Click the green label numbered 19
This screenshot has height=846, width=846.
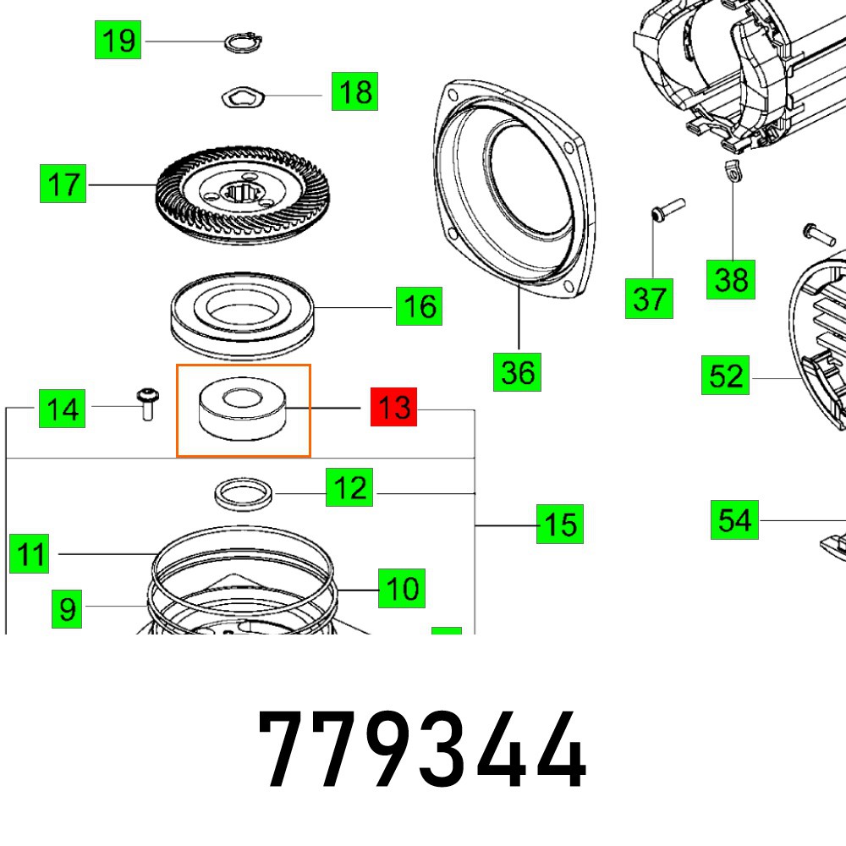coord(118,40)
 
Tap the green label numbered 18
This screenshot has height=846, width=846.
coord(354,91)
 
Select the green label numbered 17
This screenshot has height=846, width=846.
coord(63,184)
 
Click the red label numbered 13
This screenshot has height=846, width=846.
coord(394,409)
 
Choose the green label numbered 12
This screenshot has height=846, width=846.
coord(350,488)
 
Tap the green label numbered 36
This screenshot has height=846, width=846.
coord(518,371)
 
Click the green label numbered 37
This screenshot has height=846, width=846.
coord(649,299)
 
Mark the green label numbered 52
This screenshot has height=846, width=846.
coord(725,376)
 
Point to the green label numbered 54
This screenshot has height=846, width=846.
coord(733,519)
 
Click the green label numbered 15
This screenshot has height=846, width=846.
coord(560,524)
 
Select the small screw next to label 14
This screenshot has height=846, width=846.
coord(146,403)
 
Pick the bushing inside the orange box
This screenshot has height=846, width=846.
coord(244,408)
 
